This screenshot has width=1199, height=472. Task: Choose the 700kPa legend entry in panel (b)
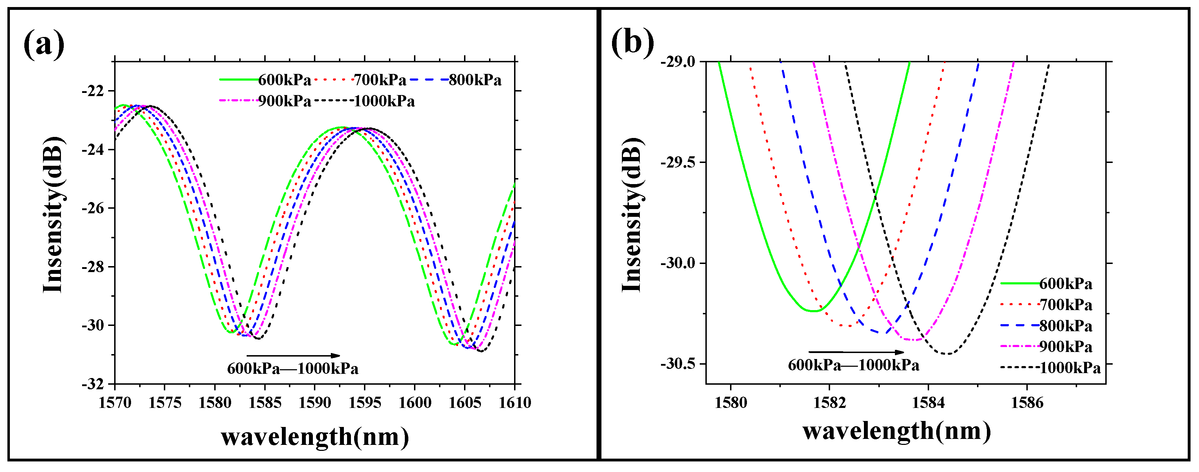click(x=1066, y=305)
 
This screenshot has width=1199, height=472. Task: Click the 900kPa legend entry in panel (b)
click(x=1066, y=347)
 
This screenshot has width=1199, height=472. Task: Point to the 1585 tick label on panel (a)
click(x=265, y=403)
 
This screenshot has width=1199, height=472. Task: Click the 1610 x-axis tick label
click(x=515, y=403)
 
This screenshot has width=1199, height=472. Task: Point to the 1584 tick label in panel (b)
click(x=928, y=403)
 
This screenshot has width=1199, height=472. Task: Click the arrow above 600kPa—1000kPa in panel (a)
click(x=293, y=356)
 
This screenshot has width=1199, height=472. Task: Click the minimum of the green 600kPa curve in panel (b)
click(x=813, y=311)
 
